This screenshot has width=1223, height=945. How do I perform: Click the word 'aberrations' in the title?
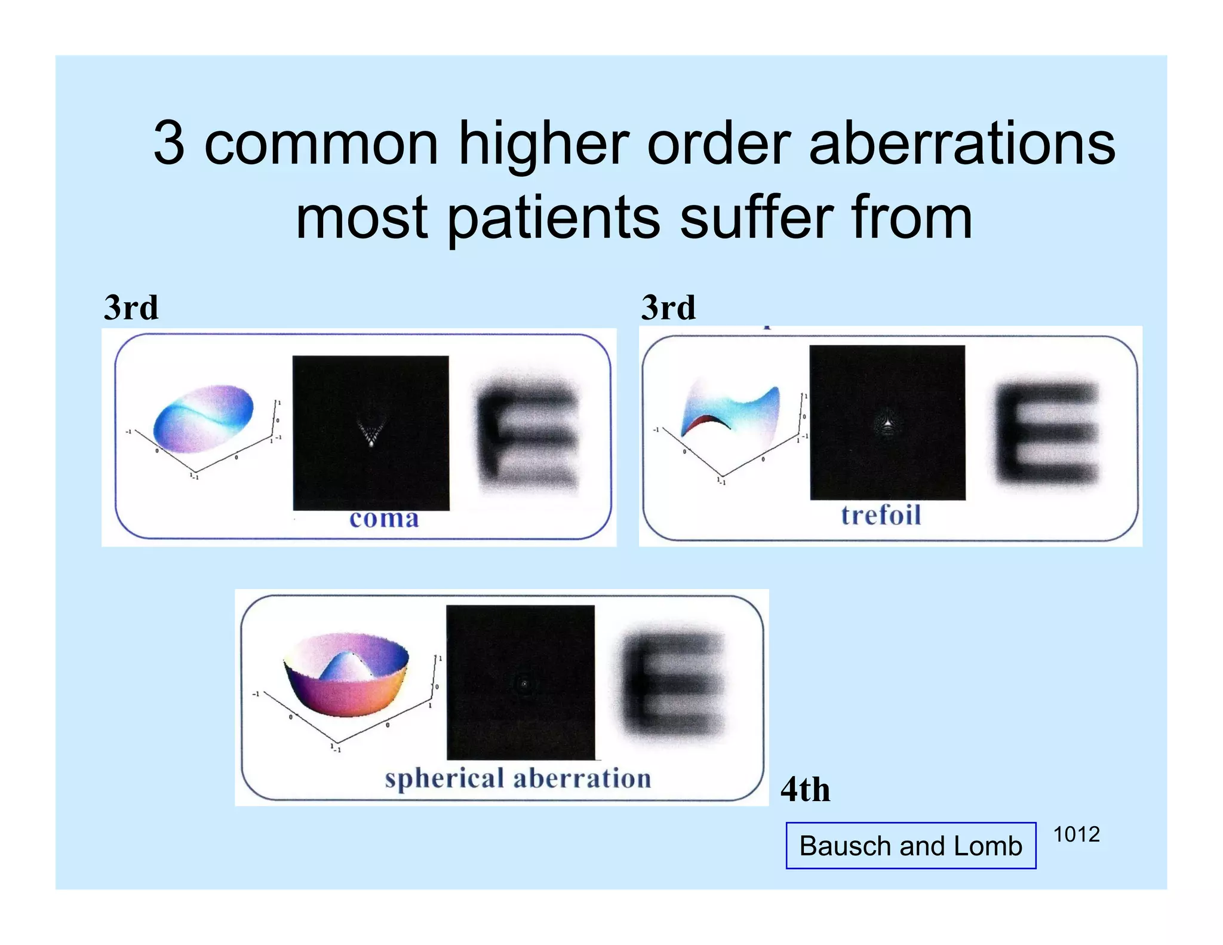tap(961, 143)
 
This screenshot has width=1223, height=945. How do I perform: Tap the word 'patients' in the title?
tap(553, 218)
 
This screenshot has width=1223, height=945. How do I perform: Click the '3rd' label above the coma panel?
tap(131, 308)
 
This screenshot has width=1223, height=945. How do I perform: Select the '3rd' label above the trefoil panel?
tap(668, 308)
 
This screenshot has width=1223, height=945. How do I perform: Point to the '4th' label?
tap(805, 790)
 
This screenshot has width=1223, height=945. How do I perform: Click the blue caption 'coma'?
tap(384, 518)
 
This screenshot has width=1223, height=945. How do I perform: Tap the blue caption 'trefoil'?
tap(881, 515)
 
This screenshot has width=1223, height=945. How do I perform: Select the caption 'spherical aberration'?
tap(518, 778)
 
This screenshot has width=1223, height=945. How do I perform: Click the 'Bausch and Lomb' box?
tap(911, 846)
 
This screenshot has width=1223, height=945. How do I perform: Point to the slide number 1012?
tap(1076, 834)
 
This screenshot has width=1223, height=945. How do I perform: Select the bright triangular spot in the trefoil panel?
tap(888, 422)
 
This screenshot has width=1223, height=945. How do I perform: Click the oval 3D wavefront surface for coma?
tap(203, 418)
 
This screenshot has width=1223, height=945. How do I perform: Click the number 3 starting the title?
tap(168, 143)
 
